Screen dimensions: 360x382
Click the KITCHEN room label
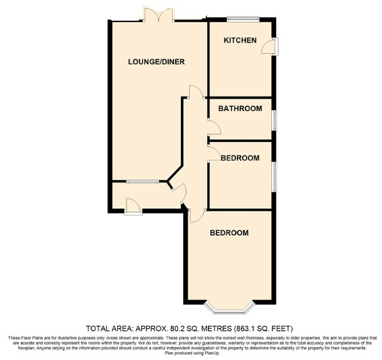point(240,41)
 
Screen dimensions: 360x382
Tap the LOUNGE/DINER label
point(156,62)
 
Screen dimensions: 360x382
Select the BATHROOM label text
point(239,109)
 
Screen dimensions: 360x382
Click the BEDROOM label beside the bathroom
point(239,158)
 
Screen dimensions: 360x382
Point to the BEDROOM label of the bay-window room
point(229,233)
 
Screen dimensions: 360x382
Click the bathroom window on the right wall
point(274,118)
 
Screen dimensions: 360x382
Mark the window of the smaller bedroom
point(274,175)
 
